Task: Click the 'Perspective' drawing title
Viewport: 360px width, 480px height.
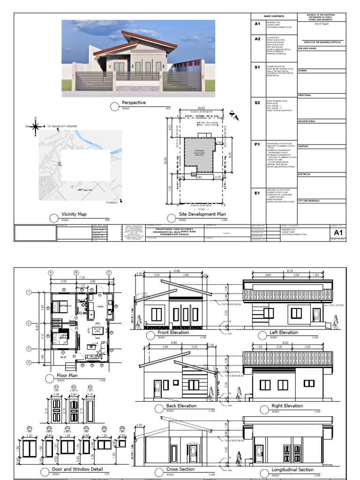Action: point(134,102)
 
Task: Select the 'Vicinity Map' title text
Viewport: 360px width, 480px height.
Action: point(74,214)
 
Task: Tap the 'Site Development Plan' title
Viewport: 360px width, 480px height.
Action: point(202,214)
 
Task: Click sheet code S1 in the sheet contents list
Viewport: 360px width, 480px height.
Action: point(257,67)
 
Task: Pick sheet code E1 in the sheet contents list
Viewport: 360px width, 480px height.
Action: point(257,193)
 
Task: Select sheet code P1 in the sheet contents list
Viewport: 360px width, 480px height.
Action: point(257,145)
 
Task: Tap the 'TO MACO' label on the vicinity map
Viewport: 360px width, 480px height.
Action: point(111,202)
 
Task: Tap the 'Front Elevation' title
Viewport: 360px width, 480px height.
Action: point(173,332)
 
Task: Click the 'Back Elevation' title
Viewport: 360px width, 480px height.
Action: point(181,406)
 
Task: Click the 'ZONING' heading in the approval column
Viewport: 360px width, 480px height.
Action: point(302,70)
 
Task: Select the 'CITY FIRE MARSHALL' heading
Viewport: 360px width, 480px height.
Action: point(310,201)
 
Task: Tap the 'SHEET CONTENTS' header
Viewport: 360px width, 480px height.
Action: point(275,16)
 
